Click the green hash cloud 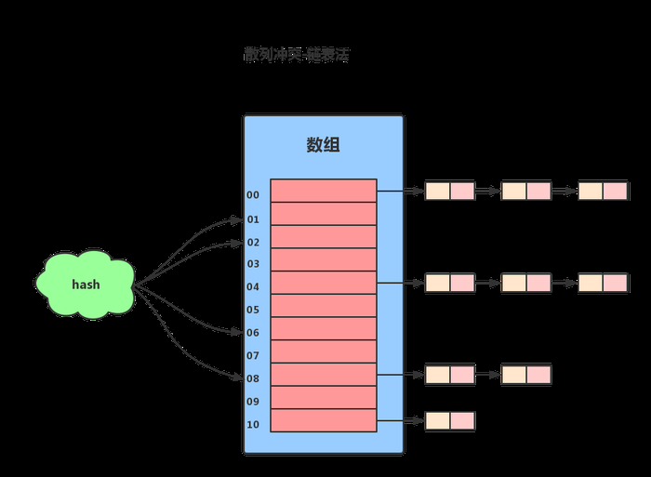[86, 284]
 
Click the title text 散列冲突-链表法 [296, 56]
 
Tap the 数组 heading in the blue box [323, 145]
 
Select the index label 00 [253, 195]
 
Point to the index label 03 [253, 264]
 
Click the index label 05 [253, 310]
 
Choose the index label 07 [253, 355]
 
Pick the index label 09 [253, 402]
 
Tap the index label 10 [253, 425]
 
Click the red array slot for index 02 [323, 237]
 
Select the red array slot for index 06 [323, 329]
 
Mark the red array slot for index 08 [323, 375]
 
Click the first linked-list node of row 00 [450, 191]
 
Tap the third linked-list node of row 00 [603, 191]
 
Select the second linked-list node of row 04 [526, 283]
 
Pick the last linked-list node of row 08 [526, 375]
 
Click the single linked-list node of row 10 [450, 420]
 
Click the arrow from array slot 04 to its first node [401, 283]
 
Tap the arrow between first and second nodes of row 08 [488, 375]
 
